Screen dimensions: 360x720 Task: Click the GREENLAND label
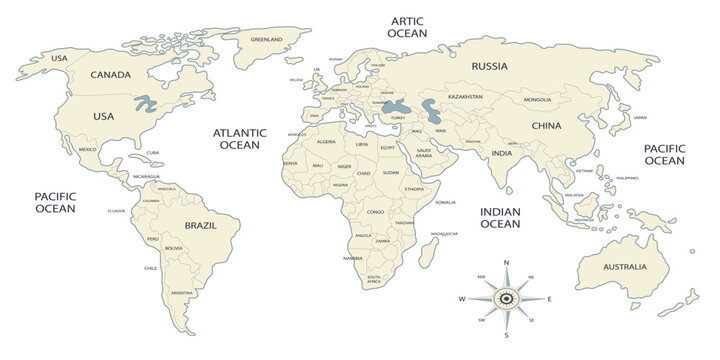point(267,40)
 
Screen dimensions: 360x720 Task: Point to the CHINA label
point(546,126)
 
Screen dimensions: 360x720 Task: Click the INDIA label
point(502,153)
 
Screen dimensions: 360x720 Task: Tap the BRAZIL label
point(202,226)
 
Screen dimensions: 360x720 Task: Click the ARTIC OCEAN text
point(407,27)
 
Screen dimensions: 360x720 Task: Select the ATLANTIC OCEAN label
point(239,139)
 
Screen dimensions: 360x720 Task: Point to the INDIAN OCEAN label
point(500,218)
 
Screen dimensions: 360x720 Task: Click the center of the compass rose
point(506,298)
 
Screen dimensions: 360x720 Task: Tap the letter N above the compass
point(506,263)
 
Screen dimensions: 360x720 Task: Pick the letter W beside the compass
point(462,299)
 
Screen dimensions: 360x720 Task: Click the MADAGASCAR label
point(444,233)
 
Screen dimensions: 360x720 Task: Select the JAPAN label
point(640,118)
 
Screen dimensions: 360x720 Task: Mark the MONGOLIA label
point(537,100)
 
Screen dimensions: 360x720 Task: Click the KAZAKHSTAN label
point(465,97)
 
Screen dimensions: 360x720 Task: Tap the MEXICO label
point(88,149)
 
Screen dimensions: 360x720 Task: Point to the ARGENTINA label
point(182,292)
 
